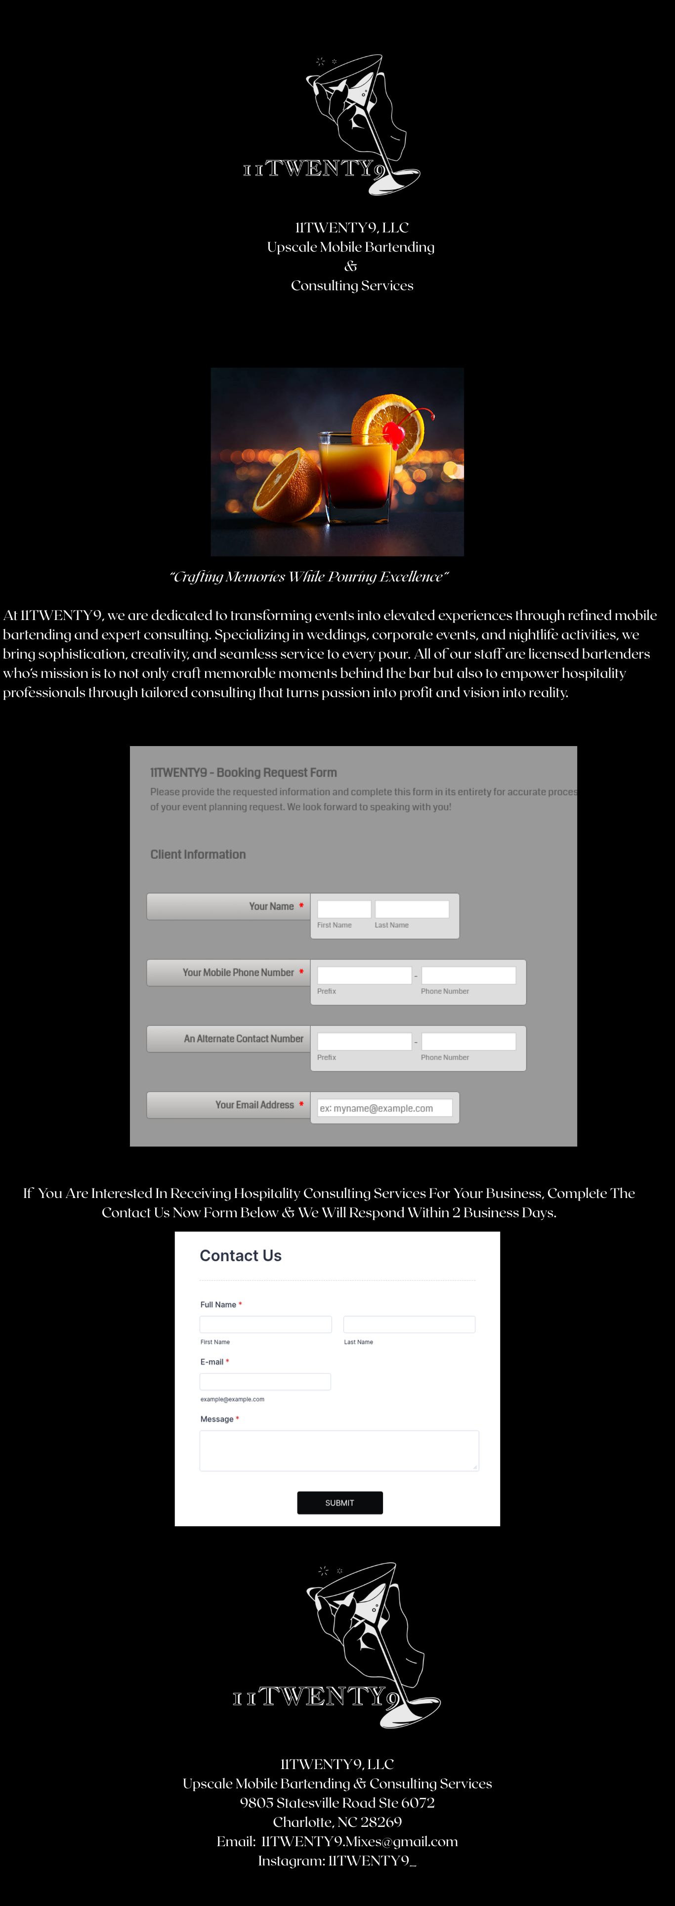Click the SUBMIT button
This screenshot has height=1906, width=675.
point(339,1503)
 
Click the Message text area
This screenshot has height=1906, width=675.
point(338,1450)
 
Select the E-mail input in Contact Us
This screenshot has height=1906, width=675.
point(265,1381)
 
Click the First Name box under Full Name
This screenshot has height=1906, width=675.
point(265,1325)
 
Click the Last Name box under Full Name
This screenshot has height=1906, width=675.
point(409,1325)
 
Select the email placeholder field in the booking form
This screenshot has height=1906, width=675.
point(384,1108)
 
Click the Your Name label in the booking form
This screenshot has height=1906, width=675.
point(271,906)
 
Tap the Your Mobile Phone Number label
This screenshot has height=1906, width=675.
point(238,972)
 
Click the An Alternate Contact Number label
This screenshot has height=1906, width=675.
point(243,1039)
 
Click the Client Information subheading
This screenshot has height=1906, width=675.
point(198,854)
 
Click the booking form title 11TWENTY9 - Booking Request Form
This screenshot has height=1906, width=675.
point(243,772)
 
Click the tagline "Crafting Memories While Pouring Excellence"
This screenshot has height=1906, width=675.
point(309,577)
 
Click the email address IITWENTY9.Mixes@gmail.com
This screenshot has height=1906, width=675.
point(359,1841)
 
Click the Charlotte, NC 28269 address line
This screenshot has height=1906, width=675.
point(337,1821)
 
